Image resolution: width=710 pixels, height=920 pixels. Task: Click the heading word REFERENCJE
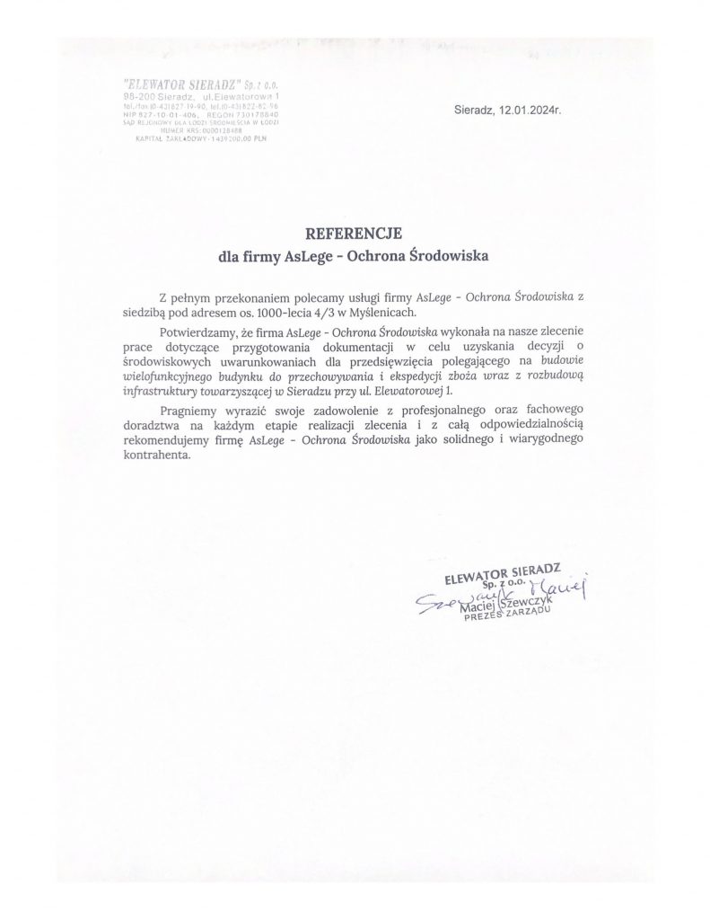(x=355, y=235)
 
